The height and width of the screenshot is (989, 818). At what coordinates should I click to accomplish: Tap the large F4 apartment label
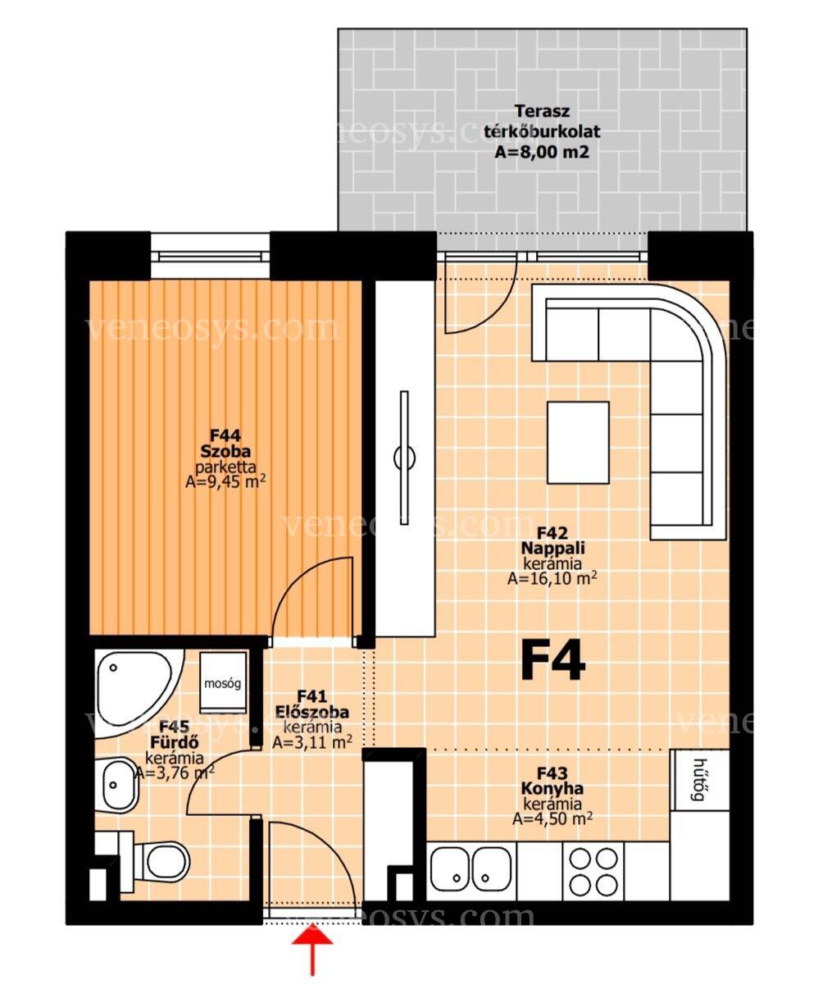[x=552, y=660]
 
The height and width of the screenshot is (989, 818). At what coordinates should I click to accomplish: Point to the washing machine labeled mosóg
[x=222, y=682]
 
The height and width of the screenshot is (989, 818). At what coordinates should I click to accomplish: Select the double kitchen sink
[x=471, y=871]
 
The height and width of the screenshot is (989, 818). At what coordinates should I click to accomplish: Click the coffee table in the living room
[x=578, y=442]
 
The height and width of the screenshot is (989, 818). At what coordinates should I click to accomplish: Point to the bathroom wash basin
[x=117, y=785]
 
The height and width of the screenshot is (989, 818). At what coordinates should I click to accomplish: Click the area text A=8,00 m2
[x=542, y=153]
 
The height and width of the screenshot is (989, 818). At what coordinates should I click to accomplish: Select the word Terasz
[x=542, y=112]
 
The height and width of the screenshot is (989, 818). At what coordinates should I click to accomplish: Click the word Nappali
[x=552, y=548]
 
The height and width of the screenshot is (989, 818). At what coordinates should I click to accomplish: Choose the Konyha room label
[x=552, y=789]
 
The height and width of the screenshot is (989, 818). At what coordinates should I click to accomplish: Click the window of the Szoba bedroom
[x=210, y=256]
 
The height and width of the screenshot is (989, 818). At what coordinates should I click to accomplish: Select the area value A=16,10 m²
[x=552, y=578]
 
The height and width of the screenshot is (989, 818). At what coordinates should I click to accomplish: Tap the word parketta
[x=225, y=467]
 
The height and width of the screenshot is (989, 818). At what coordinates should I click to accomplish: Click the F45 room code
[x=175, y=727]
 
